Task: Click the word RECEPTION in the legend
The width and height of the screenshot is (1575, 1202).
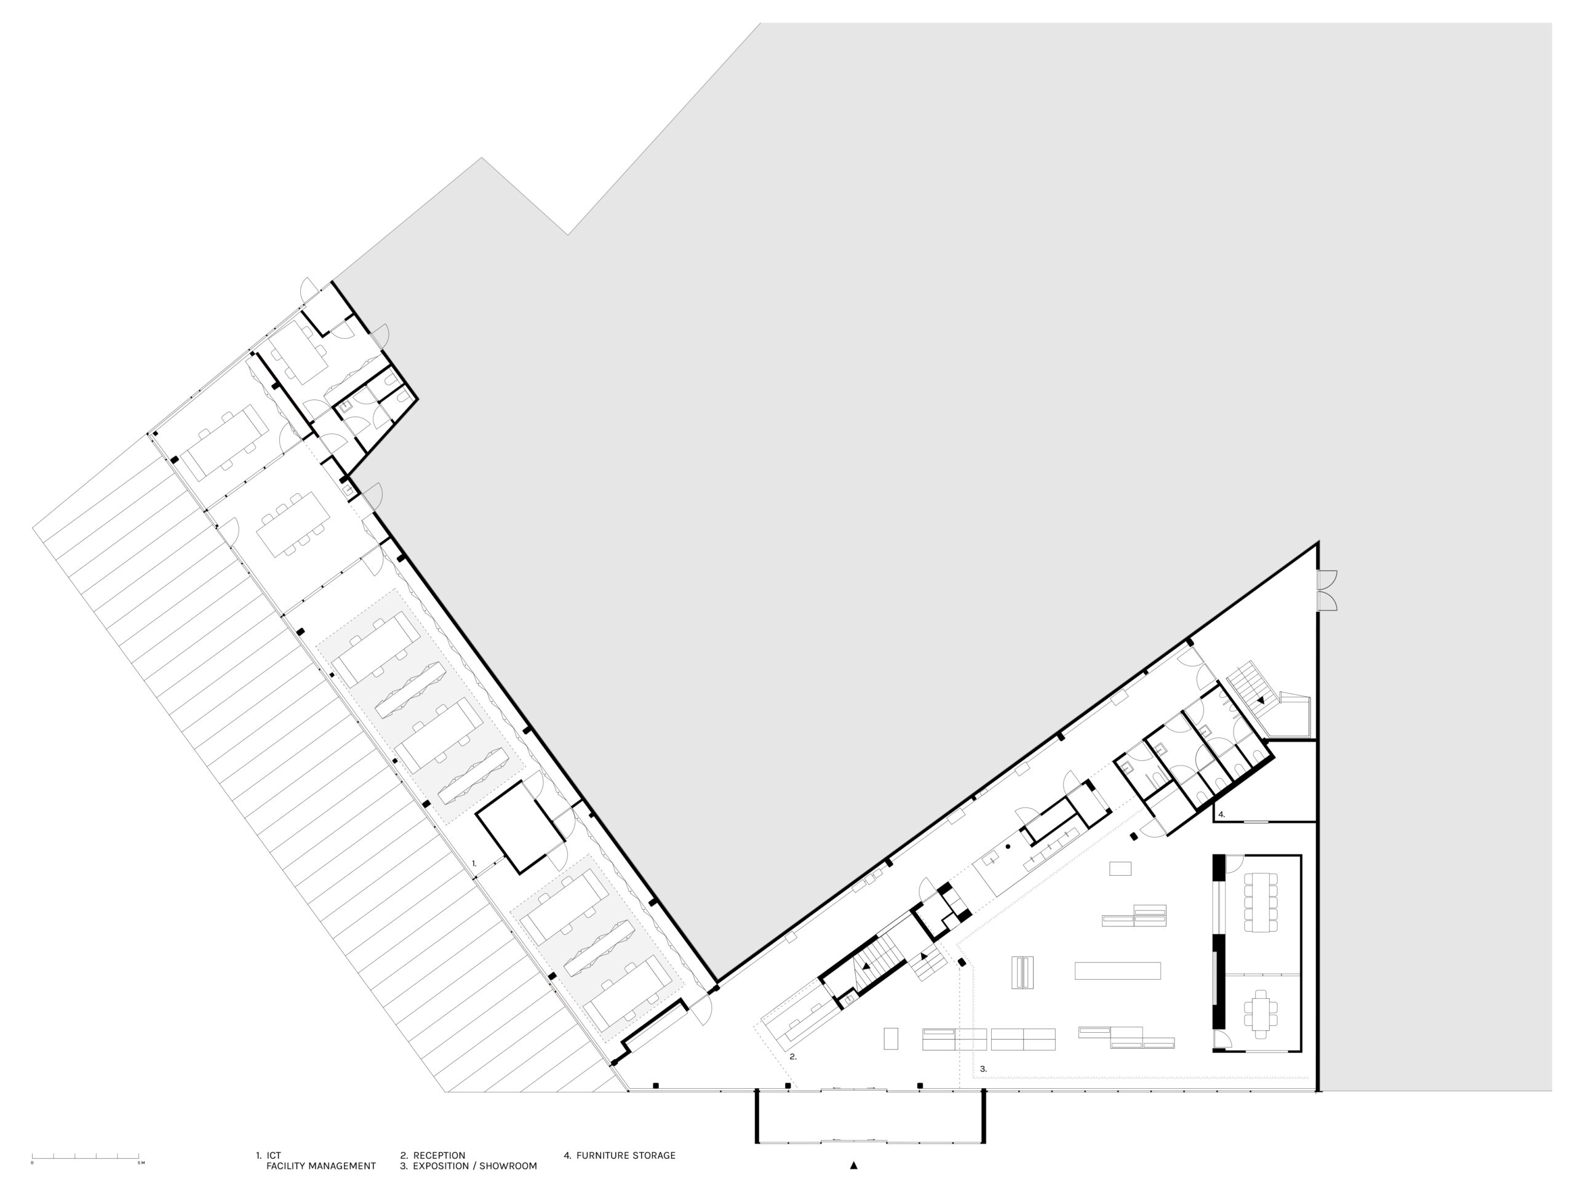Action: click(439, 1155)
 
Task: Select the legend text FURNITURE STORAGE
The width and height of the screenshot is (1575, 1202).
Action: click(626, 1155)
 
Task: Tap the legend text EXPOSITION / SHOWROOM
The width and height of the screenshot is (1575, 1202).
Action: click(475, 1166)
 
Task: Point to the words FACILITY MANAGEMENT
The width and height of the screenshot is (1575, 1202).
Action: click(321, 1166)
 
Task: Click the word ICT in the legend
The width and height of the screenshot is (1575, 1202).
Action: click(274, 1155)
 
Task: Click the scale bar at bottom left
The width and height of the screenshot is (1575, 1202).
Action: click(86, 1156)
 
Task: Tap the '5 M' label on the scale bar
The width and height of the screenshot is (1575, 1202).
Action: click(141, 1163)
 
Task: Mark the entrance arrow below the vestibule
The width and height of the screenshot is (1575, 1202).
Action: click(853, 1166)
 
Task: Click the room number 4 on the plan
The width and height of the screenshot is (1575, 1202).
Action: click(1222, 814)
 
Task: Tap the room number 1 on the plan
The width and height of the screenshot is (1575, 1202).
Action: click(474, 863)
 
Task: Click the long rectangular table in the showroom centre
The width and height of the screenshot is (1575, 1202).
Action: click(1117, 970)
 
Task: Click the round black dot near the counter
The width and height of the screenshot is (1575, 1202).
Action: click(1008, 846)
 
